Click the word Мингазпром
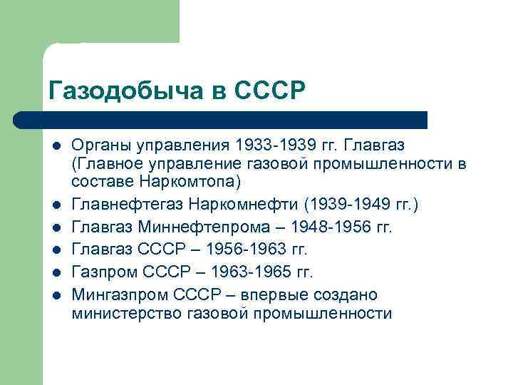coord(118,295)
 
